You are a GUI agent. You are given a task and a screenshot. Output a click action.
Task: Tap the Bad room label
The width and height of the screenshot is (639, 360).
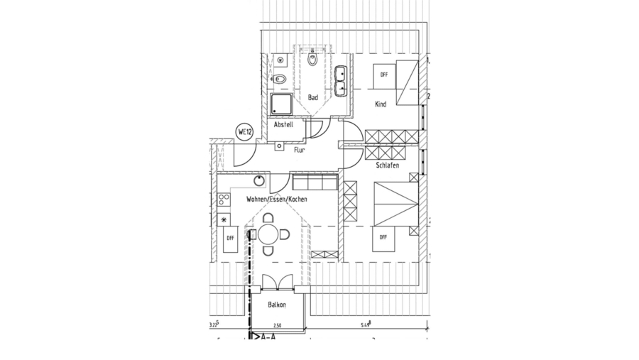tap(312, 97)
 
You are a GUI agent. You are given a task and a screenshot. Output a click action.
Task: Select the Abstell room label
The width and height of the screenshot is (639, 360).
tap(283, 125)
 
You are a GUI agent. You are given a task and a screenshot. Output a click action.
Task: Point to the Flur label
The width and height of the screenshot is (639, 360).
tap(299, 150)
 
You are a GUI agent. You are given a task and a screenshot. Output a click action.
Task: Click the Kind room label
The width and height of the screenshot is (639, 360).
tap(381, 104)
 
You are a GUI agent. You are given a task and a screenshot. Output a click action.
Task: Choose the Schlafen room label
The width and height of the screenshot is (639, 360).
tap(387, 165)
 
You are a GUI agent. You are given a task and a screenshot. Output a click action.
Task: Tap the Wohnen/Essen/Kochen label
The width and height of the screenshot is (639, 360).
tap(276, 200)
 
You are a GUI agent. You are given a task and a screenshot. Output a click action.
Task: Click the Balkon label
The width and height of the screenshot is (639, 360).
tap(277, 305)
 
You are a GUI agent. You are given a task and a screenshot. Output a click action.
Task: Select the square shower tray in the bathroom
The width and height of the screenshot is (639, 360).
tap(281, 105)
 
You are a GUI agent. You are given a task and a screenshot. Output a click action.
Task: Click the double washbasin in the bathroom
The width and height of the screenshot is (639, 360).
tap(341, 81)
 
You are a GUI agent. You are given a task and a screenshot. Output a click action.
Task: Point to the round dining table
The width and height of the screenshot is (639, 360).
tap(269, 234)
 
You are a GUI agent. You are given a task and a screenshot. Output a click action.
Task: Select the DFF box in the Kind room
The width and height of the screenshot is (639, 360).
tap(383, 75)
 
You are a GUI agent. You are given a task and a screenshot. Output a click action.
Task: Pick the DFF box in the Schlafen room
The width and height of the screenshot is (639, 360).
tap(383, 237)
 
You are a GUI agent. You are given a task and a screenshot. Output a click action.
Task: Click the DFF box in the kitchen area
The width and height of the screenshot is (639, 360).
tap(229, 239)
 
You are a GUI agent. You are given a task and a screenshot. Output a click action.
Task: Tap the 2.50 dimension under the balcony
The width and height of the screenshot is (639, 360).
tap(278, 325)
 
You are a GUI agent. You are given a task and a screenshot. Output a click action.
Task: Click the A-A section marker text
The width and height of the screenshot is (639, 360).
tap(268, 338)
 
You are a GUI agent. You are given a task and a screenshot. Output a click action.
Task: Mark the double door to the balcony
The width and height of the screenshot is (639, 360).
tap(276, 282)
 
